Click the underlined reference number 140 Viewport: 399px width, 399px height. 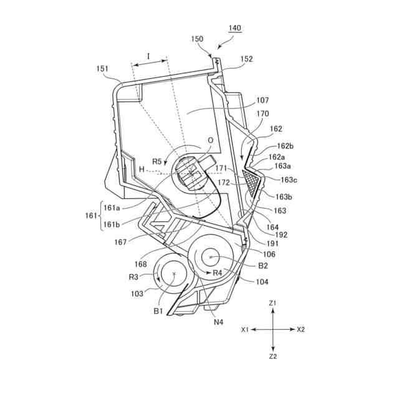(x=235, y=28)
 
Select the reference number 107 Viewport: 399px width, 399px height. (x=261, y=100)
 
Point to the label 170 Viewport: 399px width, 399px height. (x=263, y=114)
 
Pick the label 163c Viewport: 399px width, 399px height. (x=289, y=180)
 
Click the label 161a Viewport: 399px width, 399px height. (x=113, y=206)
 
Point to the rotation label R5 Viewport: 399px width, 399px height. (x=157, y=163)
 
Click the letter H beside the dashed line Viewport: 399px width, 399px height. (x=142, y=170)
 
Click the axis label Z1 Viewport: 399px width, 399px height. (x=273, y=302)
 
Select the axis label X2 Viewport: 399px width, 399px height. (x=301, y=329)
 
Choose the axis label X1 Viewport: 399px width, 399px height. (x=246, y=329)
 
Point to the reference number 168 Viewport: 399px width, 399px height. (x=140, y=264)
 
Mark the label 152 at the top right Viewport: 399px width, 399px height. (x=246, y=59)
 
